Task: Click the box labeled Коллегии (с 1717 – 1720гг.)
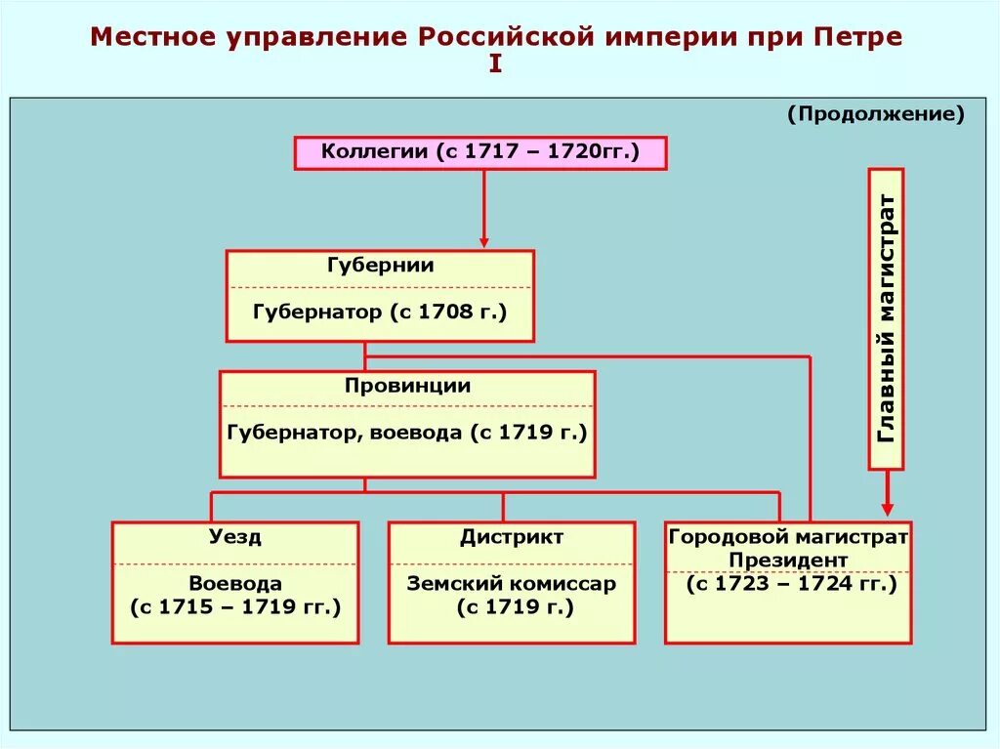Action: click(480, 153)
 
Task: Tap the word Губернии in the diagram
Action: click(381, 266)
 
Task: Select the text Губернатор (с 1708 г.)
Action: click(381, 312)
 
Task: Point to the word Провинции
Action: click(407, 386)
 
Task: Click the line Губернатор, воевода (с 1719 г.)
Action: click(407, 432)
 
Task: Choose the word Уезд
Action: click(235, 537)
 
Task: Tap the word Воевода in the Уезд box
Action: click(235, 584)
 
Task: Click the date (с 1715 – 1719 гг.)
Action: click(235, 607)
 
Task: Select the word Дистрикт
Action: click(512, 537)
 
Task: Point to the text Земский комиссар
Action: click(512, 584)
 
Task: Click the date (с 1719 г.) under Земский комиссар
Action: click(512, 607)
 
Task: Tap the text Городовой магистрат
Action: click(788, 537)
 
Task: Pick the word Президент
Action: click(788, 561)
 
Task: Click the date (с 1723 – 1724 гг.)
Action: click(788, 584)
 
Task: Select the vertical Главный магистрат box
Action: click(886, 318)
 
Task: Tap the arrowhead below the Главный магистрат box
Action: click(887, 508)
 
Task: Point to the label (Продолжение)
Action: click(876, 115)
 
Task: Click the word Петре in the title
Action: click(857, 39)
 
